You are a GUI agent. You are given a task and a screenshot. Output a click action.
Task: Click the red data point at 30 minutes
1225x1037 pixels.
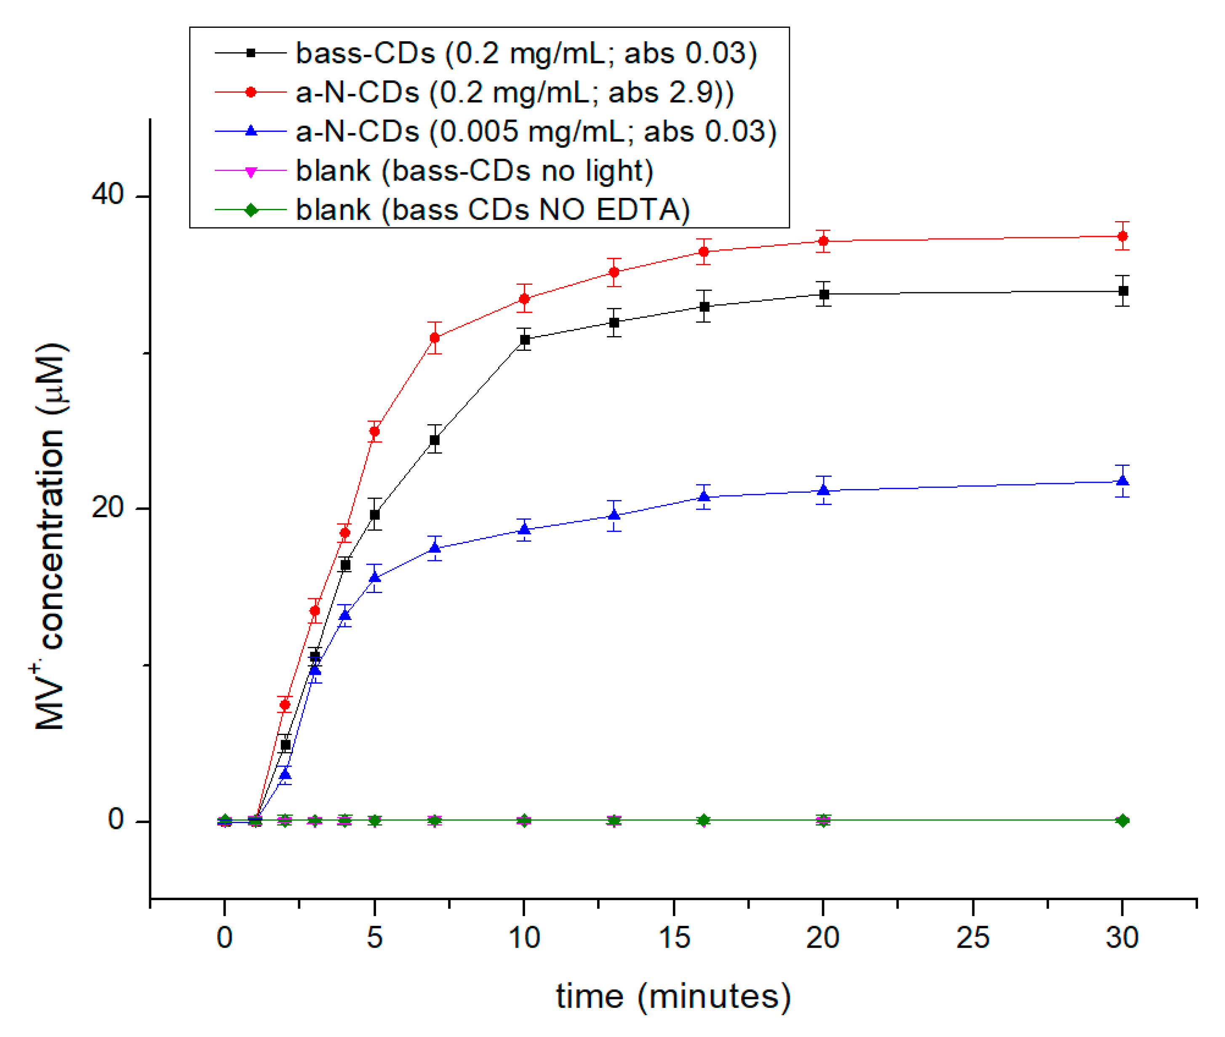click(1121, 236)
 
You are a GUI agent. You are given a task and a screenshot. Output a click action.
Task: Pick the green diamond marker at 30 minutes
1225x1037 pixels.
click(1121, 820)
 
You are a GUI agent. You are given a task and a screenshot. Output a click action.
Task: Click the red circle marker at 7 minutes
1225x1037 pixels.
click(435, 337)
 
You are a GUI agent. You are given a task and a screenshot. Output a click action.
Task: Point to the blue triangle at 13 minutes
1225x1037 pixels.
click(614, 515)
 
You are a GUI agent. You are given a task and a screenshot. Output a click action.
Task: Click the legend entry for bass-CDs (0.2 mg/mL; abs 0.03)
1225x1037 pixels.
click(526, 53)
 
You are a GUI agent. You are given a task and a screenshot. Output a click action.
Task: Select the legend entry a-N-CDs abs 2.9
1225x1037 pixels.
click(514, 92)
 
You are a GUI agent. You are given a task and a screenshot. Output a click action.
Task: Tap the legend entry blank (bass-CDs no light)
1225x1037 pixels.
click(474, 171)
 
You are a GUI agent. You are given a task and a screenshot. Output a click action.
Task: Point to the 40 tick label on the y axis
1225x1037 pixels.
click(107, 194)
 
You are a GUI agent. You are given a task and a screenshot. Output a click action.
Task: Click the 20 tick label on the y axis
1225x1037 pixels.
click(107, 507)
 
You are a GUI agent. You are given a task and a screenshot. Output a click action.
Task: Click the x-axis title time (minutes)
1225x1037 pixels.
click(673, 997)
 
